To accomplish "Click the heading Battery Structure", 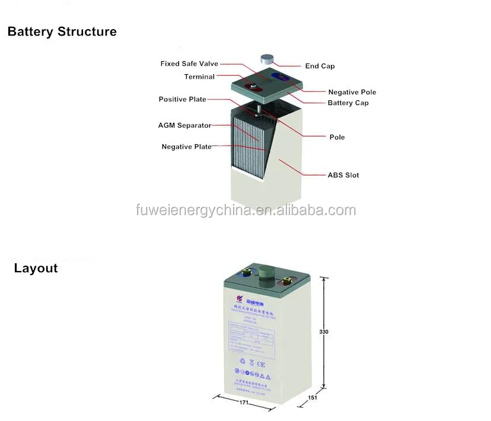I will [x=62, y=31].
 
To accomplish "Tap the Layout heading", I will [x=36, y=268].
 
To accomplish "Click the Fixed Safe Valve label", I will [x=189, y=63].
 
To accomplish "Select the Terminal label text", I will [x=199, y=77].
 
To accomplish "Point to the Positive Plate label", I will [x=182, y=99].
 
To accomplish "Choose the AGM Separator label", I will [x=184, y=126].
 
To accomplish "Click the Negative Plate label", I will [x=186, y=146].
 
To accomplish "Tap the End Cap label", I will [x=320, y=66].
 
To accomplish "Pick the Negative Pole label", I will [x=352, y=92].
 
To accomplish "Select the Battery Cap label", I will [x=348, y=103].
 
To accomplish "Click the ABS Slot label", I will [x=343, y=175].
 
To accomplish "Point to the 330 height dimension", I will [x=324, y=331].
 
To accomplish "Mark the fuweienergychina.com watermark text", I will [x=245, y=210].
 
